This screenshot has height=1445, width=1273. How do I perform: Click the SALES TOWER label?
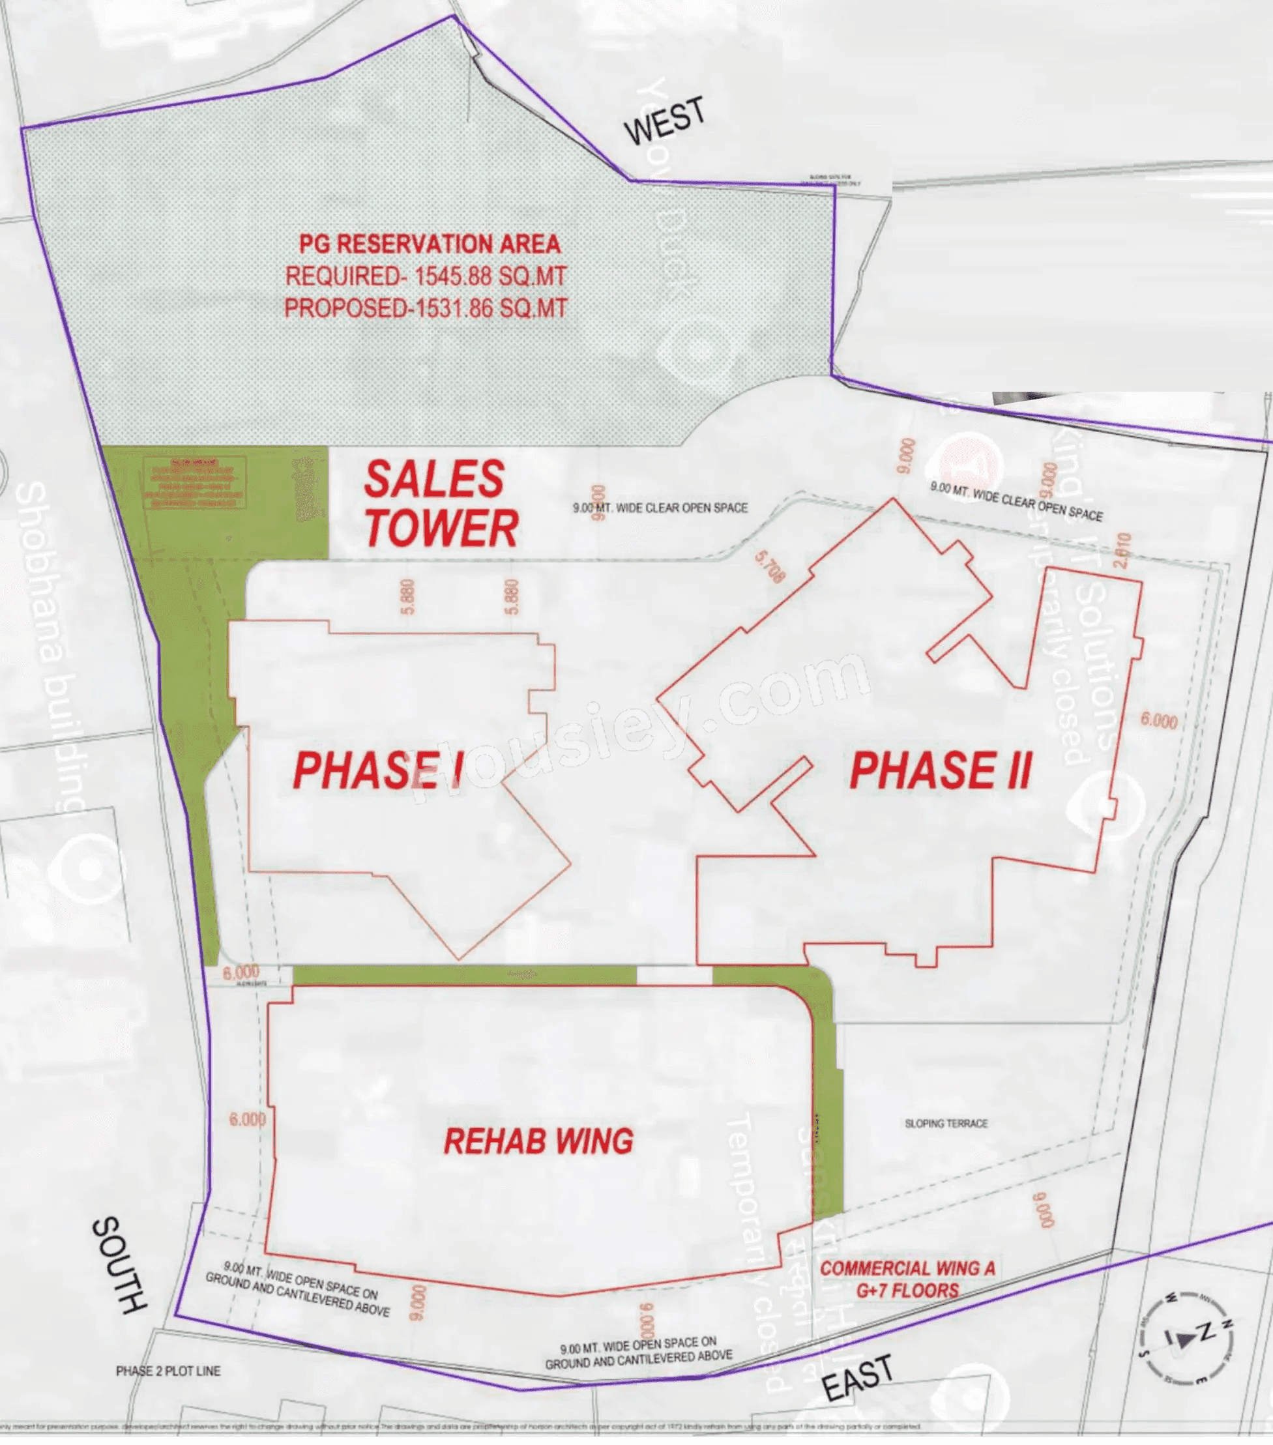[441, 504]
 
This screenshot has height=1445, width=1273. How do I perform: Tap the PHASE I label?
[379, 770]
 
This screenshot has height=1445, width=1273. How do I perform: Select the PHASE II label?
[941, 770]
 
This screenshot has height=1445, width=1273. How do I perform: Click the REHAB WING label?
[538, 1142]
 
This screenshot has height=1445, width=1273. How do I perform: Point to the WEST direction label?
[664, 121]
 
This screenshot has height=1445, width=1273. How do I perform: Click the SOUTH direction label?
[119, 1266]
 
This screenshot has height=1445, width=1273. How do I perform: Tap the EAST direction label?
[858, 1379]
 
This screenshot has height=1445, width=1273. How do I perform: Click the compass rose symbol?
[1188, 1336]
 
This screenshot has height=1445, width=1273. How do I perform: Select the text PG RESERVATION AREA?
[430, 244]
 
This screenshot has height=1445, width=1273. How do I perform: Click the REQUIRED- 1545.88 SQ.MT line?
[426, 276]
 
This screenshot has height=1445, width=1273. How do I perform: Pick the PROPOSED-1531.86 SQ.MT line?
[426, 308]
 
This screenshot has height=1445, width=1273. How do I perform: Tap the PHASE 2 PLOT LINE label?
[168, 1371]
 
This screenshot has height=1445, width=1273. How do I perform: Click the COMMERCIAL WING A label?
[907, 1268]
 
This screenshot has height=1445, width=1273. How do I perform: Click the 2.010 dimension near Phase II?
[1122, 550]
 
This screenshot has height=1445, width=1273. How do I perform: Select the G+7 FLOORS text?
[907, 1291]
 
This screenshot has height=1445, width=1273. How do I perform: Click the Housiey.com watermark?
[636, 728]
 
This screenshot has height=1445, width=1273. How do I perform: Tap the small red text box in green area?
[194, 484]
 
